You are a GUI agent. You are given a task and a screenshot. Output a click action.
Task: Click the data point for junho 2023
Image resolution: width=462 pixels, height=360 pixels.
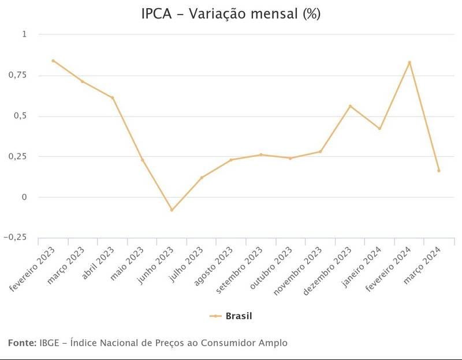coord(172,210)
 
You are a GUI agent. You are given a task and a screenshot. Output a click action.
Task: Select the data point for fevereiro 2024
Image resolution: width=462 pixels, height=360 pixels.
coord(409,62)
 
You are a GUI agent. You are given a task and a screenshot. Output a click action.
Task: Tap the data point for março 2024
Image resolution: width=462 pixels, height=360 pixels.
coord(439,170)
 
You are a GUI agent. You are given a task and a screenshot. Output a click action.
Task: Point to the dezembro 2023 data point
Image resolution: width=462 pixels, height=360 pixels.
coord(350,106)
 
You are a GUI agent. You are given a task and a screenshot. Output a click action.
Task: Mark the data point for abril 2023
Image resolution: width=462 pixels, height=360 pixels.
coord(113,97)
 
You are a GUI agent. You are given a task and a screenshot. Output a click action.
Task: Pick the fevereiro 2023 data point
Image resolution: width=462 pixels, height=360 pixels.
coord(53,61)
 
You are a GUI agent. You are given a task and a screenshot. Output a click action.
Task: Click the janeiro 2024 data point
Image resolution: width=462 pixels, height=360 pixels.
coord(379,128)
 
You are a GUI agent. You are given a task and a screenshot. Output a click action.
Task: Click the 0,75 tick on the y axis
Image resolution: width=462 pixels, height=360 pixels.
coord(17,76)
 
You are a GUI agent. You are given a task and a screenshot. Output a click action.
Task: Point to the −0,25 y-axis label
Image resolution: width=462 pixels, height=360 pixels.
coord(15,237)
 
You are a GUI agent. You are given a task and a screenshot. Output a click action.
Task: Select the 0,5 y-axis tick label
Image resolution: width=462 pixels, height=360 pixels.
coord(20,116)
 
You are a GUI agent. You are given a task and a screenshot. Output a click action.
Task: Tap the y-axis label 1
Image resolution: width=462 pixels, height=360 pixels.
coord(24,34)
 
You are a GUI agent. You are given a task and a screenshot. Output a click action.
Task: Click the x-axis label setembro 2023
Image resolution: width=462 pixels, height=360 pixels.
coord(239,270)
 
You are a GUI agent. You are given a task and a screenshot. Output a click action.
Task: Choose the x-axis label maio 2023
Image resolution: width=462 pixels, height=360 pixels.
coord(127,264)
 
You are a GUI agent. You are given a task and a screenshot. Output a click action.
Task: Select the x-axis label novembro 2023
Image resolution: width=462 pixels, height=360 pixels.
coord(297,271)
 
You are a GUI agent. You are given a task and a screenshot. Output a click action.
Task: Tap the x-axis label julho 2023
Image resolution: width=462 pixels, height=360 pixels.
coord(186,264)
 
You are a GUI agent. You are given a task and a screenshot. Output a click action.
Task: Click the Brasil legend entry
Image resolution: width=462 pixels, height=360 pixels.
coord(231,316)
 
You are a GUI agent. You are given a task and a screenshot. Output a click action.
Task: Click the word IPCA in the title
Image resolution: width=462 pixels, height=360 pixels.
coord(157,13)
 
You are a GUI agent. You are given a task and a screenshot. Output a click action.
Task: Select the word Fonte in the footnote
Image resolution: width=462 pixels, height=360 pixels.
coord(22,343)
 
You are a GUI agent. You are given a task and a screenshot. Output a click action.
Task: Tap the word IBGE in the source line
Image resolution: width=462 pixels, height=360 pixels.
coord(49,343)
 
